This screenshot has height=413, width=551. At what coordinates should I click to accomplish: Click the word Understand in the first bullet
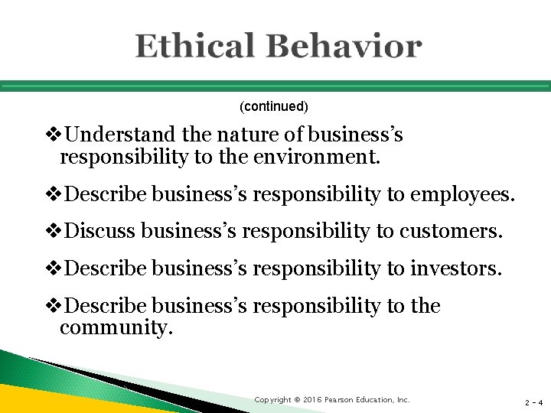point(122,135)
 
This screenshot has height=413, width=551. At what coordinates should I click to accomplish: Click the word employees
point(462,195)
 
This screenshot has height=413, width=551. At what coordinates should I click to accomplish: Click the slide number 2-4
point(533,402)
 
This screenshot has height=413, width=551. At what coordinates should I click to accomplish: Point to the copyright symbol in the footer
point(298,400)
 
